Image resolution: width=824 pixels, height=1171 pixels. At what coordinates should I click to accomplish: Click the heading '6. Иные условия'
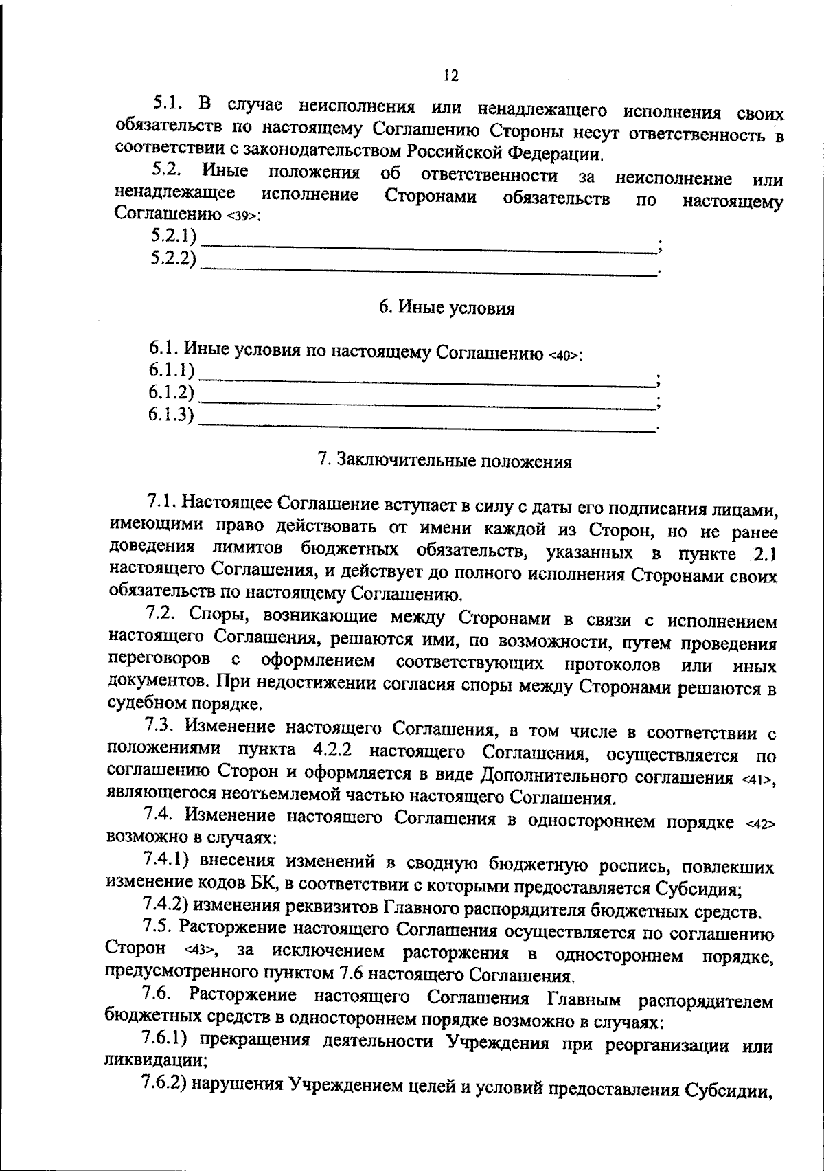pyautogui.click(x=447, y=308)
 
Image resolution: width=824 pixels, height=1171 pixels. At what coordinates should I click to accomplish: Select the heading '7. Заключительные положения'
pyautogui.click(x=445, y=461)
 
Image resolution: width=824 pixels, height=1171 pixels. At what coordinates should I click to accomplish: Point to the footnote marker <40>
pyautogui.click(x=565, y=355)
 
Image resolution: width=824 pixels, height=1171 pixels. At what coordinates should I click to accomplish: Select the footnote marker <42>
pyautogui.click(x=759, y=824)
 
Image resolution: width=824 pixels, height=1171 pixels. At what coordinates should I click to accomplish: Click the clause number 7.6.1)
pyautogui.click(x=165, y=1043)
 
